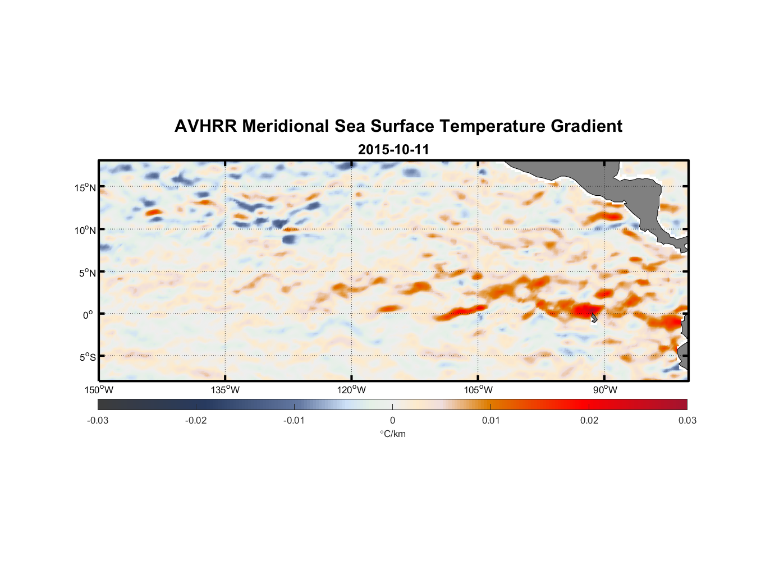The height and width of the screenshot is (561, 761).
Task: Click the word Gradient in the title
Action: point(586,126)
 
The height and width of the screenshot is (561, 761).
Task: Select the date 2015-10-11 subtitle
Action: point(393,150)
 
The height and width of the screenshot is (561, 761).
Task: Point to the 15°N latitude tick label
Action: point(85,187)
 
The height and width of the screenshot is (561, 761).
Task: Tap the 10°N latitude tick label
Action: point(85,230)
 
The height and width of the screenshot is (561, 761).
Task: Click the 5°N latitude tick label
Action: point(87,273)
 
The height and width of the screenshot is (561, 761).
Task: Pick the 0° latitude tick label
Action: point(88,315)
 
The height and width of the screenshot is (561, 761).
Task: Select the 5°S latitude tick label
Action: point(87,357)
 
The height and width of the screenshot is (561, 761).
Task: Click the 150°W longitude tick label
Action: point(99,390)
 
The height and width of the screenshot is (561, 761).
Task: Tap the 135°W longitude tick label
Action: point(225,390)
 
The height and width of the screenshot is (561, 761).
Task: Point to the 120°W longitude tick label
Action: point(351,390)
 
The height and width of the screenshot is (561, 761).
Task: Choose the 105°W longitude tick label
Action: point(478,390)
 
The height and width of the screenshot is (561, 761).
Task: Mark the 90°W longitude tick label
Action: point(605,390)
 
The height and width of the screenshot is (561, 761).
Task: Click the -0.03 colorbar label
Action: point(98,421)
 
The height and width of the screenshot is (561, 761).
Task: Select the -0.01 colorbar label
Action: point(294,421)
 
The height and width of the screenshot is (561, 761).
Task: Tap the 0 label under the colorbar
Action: point(392,421)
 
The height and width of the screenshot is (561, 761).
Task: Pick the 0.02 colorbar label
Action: point(589,421)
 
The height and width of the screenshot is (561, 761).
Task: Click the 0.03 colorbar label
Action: point(687,421)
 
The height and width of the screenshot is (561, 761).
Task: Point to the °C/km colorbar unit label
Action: point(392,434)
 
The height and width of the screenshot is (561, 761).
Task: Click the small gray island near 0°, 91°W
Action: point(594,318)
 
